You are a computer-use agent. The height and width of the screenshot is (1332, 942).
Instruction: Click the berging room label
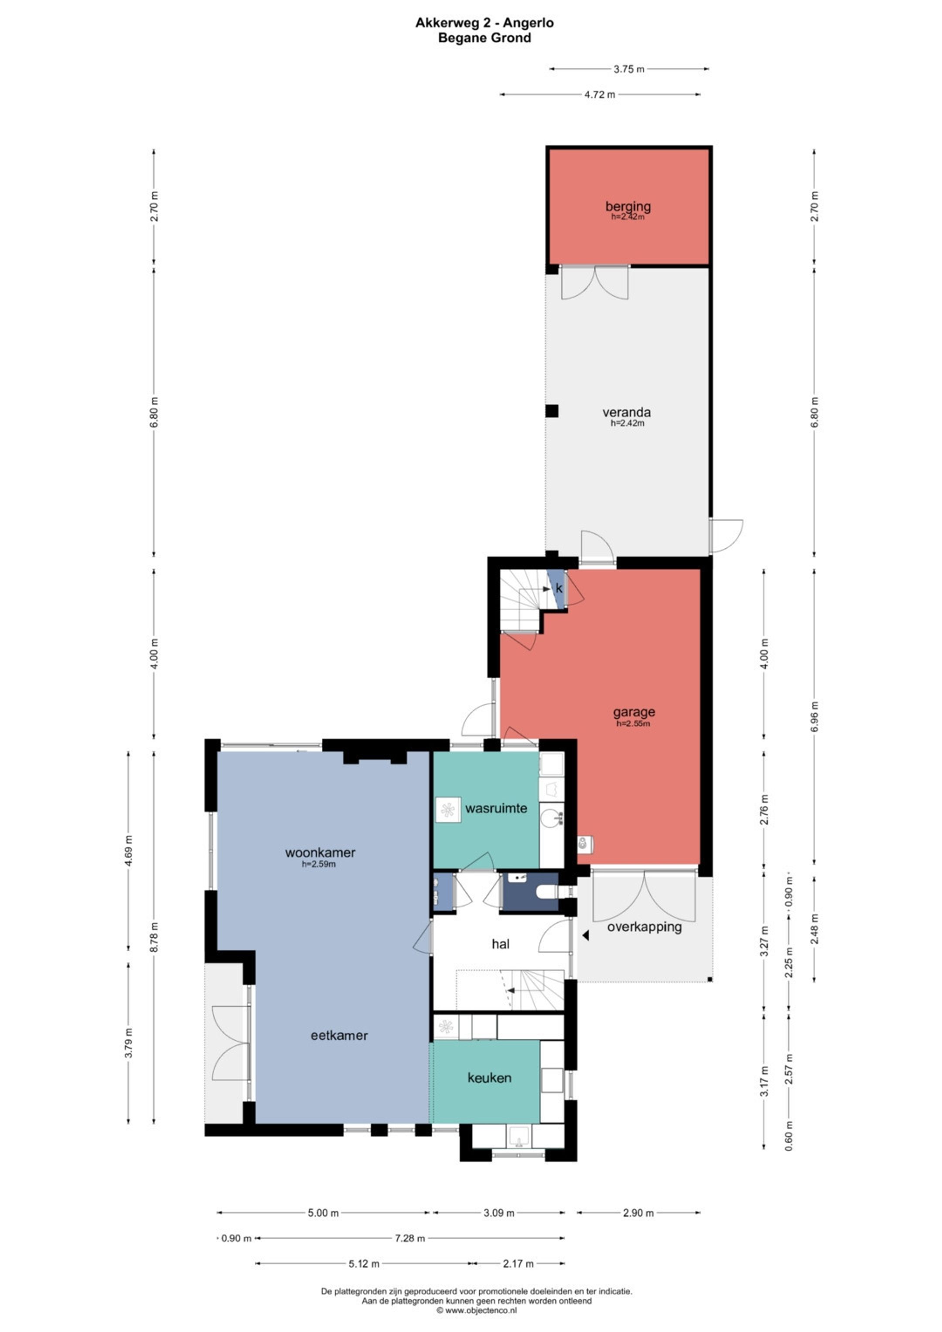coord(628,206)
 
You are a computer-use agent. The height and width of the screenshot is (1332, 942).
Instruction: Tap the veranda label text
coord(626,413)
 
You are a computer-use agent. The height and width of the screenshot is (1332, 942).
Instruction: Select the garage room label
coord(634,712)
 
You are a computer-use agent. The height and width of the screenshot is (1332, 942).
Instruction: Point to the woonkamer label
coord(320,852)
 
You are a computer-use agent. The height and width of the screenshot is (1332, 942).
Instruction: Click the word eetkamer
coord(339,1035)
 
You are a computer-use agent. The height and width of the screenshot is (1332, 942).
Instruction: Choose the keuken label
coord(490,1077)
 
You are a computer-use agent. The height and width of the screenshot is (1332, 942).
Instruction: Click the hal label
coord(501,944)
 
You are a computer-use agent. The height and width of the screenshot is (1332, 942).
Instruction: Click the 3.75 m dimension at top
coord(629,69)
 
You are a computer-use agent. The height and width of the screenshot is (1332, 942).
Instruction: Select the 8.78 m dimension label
coord(154,937)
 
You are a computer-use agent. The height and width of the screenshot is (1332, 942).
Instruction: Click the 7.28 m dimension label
coord(410,1238)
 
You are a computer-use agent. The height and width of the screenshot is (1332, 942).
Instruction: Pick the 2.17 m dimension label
coord(519,1264)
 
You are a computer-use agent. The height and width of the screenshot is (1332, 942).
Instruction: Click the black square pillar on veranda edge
coord(552,411)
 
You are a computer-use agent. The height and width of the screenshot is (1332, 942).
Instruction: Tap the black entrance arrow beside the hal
coord(586,935)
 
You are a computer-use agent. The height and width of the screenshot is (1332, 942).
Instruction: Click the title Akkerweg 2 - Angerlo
coord(485,23)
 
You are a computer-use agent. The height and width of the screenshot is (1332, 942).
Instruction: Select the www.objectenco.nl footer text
coord(477,1310)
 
